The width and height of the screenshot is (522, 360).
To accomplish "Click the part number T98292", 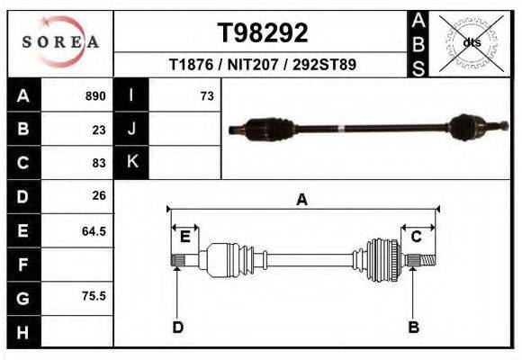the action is click(263, 32).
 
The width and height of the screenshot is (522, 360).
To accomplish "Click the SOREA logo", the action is click(60, 42).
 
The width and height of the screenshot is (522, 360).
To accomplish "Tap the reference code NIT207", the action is click(252, 64).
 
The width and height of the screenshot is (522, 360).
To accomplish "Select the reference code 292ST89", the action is click(324, 64).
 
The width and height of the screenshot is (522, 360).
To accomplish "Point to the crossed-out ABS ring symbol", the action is click(471, 43).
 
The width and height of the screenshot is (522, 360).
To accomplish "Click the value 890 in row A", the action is click(95, 96).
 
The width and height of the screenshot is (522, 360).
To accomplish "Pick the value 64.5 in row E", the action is click(94, 230).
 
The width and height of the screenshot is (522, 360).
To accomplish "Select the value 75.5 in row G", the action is click(94, 295).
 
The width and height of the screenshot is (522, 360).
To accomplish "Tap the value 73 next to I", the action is click(207, 96).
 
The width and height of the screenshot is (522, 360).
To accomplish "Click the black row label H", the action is click(23, 332).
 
